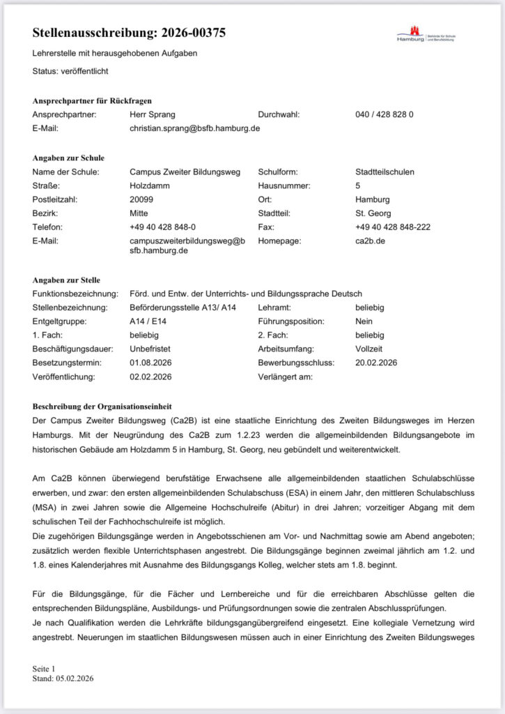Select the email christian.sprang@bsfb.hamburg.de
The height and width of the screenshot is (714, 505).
click(195, 128)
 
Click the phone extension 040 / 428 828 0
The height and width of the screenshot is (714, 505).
click(384, 114)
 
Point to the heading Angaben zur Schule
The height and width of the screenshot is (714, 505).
click(68, 158)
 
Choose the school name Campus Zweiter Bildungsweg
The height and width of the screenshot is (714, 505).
click(185, 172)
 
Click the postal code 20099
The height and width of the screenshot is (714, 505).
click(142, 199)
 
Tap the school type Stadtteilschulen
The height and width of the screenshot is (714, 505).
click(384, 172)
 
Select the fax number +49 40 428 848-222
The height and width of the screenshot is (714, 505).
click(392, 227)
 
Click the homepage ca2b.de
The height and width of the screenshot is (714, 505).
click(371, 241)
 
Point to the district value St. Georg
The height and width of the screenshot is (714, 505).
click(373, 213)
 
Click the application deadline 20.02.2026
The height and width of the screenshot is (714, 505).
click(376, 363)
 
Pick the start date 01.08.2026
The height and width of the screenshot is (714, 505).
click(150, 363)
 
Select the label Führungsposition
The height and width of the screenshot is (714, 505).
click(291, 321)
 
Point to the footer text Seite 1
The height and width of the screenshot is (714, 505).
click(44, 668)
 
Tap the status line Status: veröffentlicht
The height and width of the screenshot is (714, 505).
click(70, 70)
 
